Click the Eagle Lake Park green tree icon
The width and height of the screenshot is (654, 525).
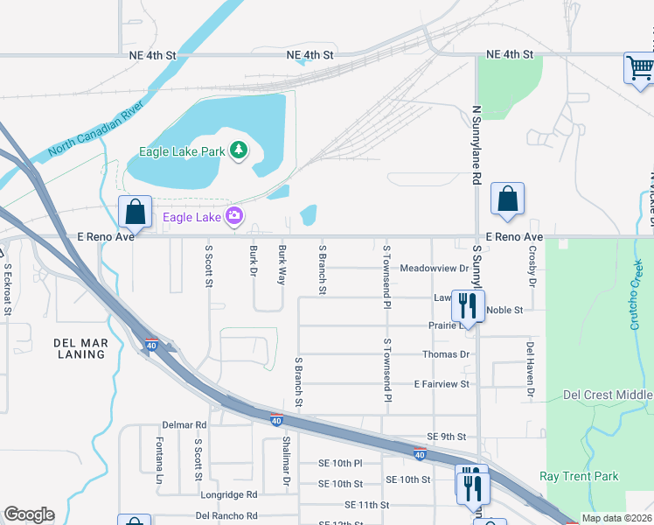(237, 151)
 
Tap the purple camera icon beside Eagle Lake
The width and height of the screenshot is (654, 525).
(233, 215)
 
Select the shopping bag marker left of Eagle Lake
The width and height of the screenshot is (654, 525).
(134, 212)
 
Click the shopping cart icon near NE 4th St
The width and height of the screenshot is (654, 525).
(639, 68)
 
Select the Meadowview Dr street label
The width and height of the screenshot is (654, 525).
(434, 268)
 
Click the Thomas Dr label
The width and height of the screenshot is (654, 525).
(446, 354)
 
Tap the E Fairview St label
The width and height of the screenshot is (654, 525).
(442, 384)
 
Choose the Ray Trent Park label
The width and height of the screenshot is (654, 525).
(579, 477)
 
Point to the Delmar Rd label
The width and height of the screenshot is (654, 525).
(189, 424)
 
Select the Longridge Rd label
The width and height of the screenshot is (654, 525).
(228, 494)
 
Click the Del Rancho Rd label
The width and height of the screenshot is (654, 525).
(226, 515)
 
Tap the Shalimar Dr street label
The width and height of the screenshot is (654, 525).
(286, 461)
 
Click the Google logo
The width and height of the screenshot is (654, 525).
(29, 514)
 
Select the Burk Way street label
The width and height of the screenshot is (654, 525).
(282, 265)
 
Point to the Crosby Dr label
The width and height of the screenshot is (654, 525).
(532, 265)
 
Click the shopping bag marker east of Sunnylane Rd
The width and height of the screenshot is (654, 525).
(507, 199)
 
